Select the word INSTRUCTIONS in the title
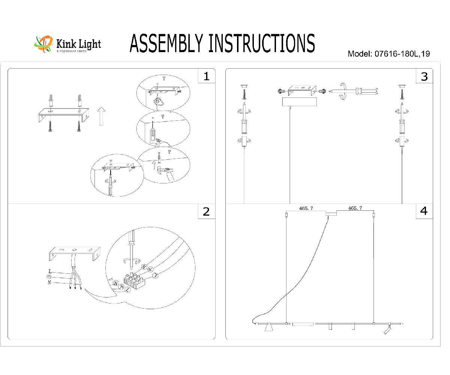click(261, 43)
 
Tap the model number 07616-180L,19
click(401, 54)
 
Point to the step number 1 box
click(206, 76)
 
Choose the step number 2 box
click(206, 211)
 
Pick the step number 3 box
click(424, 76)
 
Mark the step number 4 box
click(424, 211)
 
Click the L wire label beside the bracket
click(50, 271)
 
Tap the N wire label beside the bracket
click(49, 282)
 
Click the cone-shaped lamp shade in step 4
click(268, 329)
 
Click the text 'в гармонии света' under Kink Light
click(72, 51)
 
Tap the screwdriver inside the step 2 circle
click(132, 247)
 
